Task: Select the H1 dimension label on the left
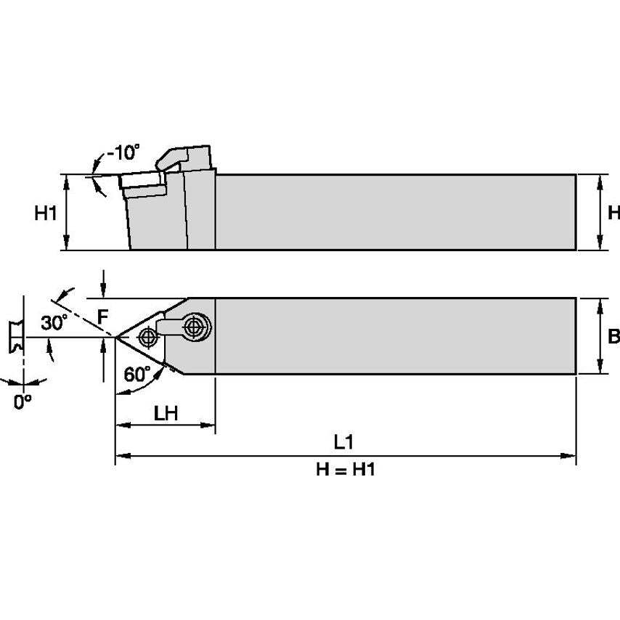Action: tap(46, 213)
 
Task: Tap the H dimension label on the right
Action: tap(613, 213)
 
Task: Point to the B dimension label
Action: tap(613, 336)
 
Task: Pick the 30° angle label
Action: tap(54, 323)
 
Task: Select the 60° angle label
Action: tap(137, 375)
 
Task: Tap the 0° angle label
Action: tap(23, 401)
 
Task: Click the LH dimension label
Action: tap(166, 412)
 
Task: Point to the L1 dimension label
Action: tap(344, 442)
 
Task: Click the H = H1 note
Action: tap(345, 470)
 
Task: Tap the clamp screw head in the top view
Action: tap(194, 327)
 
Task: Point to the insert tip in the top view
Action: tap(117, 336)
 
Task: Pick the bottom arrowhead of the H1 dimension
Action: tap(67, 245)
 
